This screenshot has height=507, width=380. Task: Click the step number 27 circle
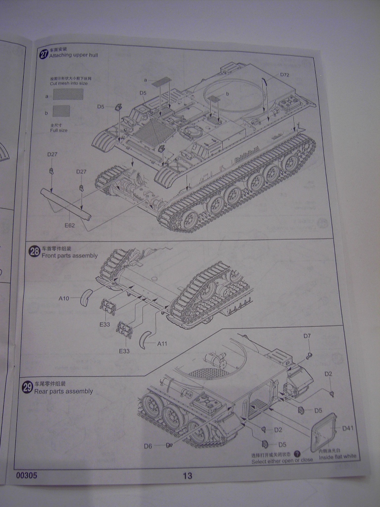[x=43, y=54]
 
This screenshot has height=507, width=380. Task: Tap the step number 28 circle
[x=35, y=252]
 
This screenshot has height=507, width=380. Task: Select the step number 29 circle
[x=27, y=387]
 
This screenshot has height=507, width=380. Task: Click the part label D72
[x=285, y=75]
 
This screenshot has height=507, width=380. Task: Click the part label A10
[x=64, y=299]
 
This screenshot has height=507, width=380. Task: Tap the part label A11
[x=163, y=344]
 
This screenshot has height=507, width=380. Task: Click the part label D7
[x=307, y=336]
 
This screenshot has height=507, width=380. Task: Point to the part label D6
[x=148, y=446]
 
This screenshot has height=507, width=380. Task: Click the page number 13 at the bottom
[x=187, y=476]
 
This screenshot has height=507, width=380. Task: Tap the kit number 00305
[x=26, y=475]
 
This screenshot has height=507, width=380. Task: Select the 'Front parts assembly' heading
[x=69, y=256]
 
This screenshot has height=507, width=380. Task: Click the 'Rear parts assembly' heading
[x=63, y=391]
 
